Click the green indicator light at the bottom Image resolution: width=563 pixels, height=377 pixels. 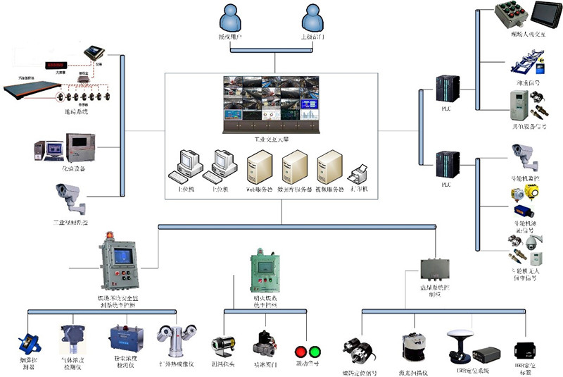coord(314,351)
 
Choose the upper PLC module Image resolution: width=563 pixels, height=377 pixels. coord(446,87)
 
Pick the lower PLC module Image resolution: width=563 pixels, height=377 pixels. coord(446,164)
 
